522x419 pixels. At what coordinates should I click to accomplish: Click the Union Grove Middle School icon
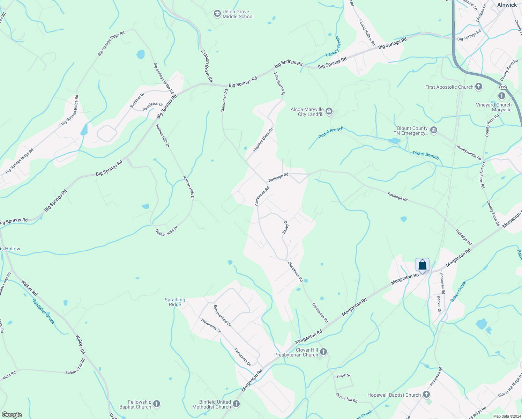click(x=217, y=14)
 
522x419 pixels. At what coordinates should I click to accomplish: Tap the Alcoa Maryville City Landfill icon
click(x=329, y=112)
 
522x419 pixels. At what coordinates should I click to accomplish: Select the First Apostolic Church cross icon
click(x=479, y=87)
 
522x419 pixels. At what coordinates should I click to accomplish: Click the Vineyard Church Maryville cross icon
click(x=502, y=96)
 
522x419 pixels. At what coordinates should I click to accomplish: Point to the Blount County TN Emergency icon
click(x=434, y=131)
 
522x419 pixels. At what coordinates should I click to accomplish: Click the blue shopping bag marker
click(x=422, y=265)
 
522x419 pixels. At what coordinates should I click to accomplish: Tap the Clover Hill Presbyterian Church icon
click(x=323, y=352)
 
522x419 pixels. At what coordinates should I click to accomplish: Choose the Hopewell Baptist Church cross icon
click(x=426, y=395)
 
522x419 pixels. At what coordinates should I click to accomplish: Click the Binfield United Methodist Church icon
click(x=236, y=404)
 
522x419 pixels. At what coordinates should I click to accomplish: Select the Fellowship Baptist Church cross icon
click(x=157, y=404)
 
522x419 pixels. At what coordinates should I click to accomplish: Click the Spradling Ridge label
click(x=175, y=302)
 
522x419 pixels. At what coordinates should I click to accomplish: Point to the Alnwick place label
click(x=507, y=5)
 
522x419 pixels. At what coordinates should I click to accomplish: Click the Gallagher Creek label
click(x=43, y=311)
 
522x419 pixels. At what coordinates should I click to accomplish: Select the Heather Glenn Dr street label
click(x=263, y=139)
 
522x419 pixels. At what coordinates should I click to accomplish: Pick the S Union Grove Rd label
click(x=207, y=66)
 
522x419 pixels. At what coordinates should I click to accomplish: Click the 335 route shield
click(x=503, y=87)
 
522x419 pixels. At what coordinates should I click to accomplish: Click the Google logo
click(x=12, y=415)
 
